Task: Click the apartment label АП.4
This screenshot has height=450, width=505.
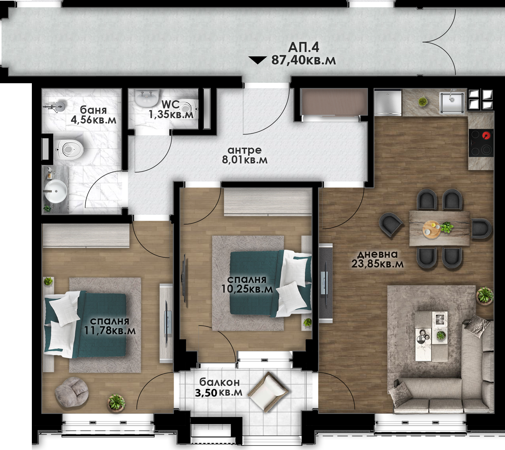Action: (303, 47)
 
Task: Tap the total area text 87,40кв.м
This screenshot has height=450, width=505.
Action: (303, 60)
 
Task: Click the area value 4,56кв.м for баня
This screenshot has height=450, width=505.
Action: (94, 120)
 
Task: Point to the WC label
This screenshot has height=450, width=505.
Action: (170, 104)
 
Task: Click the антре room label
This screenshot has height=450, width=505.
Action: (244, 150)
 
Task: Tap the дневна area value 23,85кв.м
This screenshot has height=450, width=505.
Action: (377, 264)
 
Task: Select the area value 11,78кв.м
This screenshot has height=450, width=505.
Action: (110, 331)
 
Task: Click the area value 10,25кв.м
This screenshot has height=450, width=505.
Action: (247, 289)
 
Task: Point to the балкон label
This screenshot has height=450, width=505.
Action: (219, 382)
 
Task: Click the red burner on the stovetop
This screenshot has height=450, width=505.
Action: (486, 136)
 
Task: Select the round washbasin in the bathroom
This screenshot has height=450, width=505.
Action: (56, 191)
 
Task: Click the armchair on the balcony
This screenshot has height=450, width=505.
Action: (269, 392)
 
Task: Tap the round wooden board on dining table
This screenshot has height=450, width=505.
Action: (432, 229)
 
